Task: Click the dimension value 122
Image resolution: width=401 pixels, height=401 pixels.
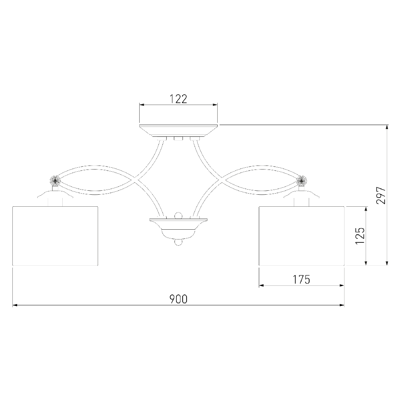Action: (x=179, y=99)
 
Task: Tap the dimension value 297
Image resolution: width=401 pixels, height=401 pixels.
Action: (x=381, y=195)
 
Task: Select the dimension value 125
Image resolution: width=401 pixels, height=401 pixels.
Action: (x=360, y=235)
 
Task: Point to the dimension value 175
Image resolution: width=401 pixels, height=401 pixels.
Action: (x=301, y=280)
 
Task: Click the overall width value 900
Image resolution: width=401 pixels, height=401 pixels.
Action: (x=179, y=299)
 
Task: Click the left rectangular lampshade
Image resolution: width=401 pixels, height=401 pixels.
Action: (x=55, y=236)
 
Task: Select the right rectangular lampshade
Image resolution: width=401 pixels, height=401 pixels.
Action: (x=301, y=236)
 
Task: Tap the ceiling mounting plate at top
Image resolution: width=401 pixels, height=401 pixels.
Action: (x=179, y=131)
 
